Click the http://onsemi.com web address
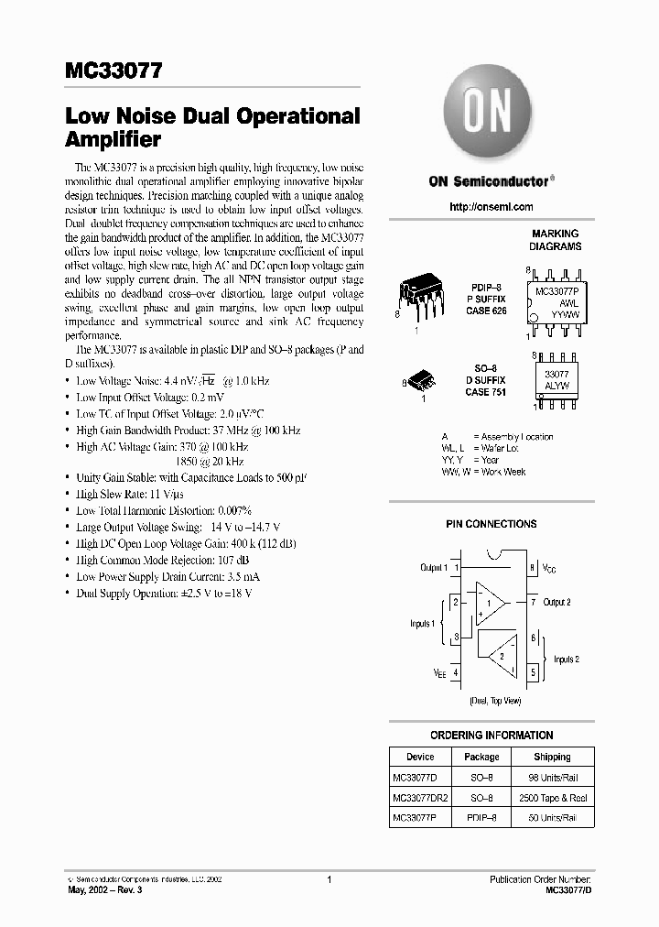coord(491,207)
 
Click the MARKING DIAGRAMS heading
coord(556,240)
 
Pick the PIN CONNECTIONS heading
coord(491,524)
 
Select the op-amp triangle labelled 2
coord(499,656)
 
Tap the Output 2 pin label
coord(556,602)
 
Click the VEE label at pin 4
coord(439,671)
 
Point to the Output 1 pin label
coord(434,568)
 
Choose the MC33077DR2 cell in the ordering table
coord(420,798)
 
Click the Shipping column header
coord(552,757)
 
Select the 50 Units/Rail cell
coord(552,817)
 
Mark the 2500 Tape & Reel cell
coord(552,798)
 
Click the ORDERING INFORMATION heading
coord(492,735)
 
